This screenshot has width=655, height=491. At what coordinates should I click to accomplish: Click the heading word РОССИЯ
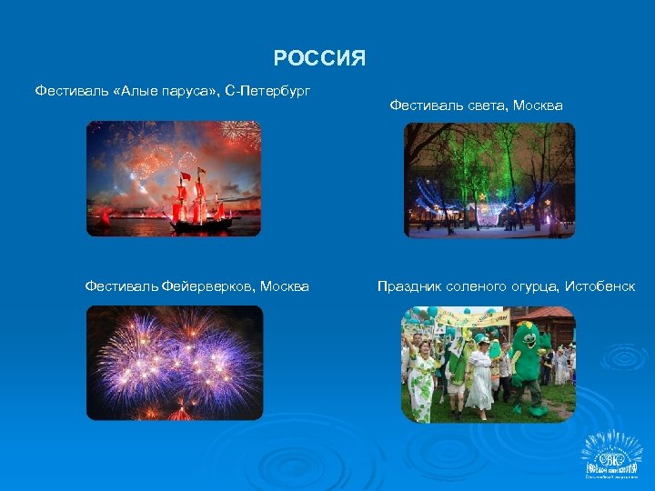319,60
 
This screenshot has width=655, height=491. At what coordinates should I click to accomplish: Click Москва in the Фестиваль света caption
538,105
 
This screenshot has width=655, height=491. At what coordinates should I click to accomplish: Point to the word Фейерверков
208,286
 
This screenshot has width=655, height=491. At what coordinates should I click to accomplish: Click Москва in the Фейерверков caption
285,286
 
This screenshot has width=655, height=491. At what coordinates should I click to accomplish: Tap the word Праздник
409,286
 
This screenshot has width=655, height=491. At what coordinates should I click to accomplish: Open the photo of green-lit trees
489,180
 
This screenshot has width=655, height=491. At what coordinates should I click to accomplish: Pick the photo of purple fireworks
175,363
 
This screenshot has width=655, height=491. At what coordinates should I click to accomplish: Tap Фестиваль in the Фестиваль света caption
422,105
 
